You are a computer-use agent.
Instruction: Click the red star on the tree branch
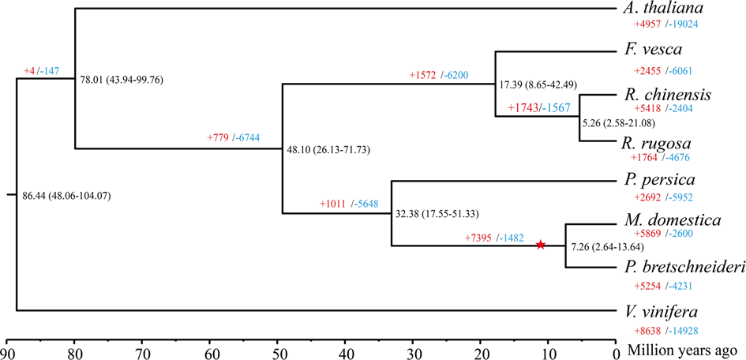click(540, 245)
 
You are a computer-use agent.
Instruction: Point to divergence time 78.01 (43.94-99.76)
click(122, 80)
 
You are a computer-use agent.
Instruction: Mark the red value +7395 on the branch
click(479, 238)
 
